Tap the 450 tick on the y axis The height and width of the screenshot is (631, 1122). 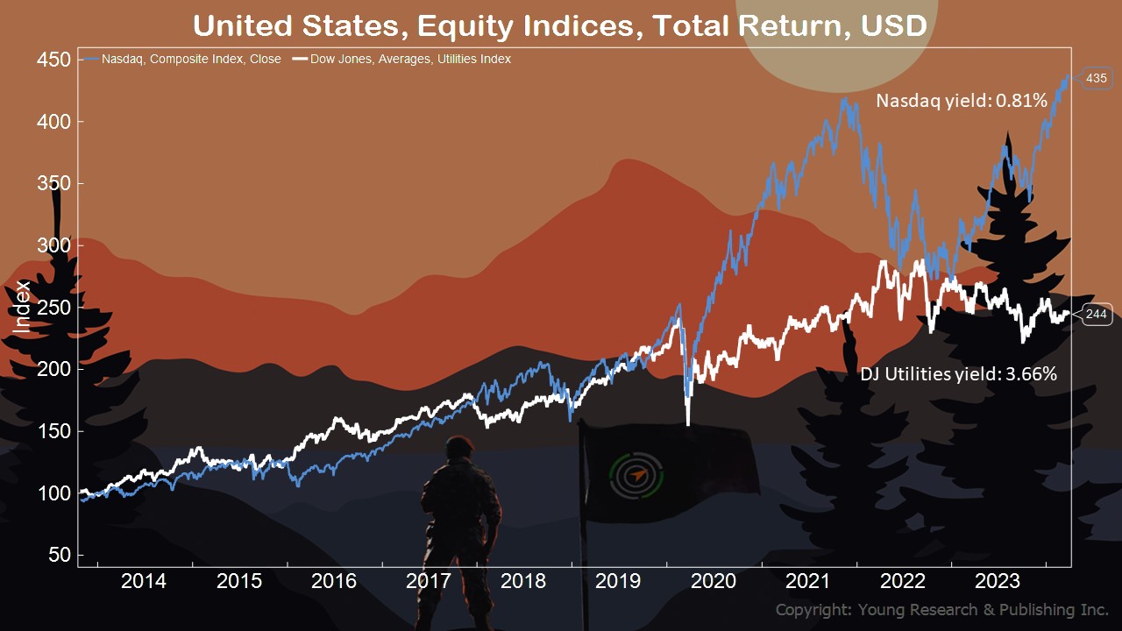pyautogui.click(x=55, y=60)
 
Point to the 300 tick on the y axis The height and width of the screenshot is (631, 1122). pyautogui.click(x=55, y=245)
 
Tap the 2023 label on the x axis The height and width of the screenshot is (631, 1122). pyautogui.click(x=998, y=581)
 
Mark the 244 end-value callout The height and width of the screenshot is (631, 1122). pyautogui.click(x=1097, y=314)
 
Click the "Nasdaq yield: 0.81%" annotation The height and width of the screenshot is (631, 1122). pyautogui.click(x=962, y=102)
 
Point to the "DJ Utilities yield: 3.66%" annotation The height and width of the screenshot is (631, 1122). pyautogui.click(x=958, y=374)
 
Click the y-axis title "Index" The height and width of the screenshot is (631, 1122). pyautogui.click(x=23, y=306)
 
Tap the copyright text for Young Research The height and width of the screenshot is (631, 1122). pyautogui.click(x=941, y=610)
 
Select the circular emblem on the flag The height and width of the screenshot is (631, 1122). pyautogui.click(x=636, y=474)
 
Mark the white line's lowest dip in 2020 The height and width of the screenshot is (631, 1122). pyautogui.click(x=688, y=424)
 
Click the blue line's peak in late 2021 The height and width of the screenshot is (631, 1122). pyautogui.click(x=844, y=100)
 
